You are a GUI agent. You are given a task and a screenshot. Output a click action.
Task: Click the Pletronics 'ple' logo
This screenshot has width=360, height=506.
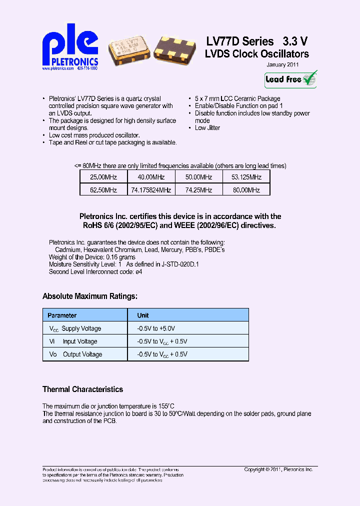click(69, 46)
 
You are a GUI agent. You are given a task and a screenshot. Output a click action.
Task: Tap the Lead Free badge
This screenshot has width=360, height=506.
click(291, 79)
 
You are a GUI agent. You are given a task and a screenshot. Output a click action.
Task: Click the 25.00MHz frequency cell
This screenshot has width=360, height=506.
click(103, 177)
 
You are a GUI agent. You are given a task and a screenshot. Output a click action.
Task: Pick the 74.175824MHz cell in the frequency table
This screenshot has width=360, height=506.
click(151, 190)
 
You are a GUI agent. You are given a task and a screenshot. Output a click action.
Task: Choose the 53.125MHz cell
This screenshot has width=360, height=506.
click(246, 177)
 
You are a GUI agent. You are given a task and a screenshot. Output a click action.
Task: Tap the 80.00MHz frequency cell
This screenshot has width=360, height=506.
click(246, 190)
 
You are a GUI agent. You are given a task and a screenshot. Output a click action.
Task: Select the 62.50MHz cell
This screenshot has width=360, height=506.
click(103, 190)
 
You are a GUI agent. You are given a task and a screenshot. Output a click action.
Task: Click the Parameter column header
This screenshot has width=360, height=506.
click(62, 315)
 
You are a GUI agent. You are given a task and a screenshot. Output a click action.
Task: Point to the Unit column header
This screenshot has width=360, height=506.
click(143, 315)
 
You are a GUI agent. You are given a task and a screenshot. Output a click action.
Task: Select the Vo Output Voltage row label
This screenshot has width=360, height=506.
click(75, 354)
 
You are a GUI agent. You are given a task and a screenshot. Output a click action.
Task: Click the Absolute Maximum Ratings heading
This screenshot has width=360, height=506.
click(89, 296)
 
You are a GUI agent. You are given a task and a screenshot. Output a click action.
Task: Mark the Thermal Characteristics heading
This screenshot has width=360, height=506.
click(82, 389)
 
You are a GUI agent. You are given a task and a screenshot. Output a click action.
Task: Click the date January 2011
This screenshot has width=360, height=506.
click(282, 65)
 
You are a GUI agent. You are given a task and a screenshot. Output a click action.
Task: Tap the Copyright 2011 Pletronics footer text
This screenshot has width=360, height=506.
click(278, 469)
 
